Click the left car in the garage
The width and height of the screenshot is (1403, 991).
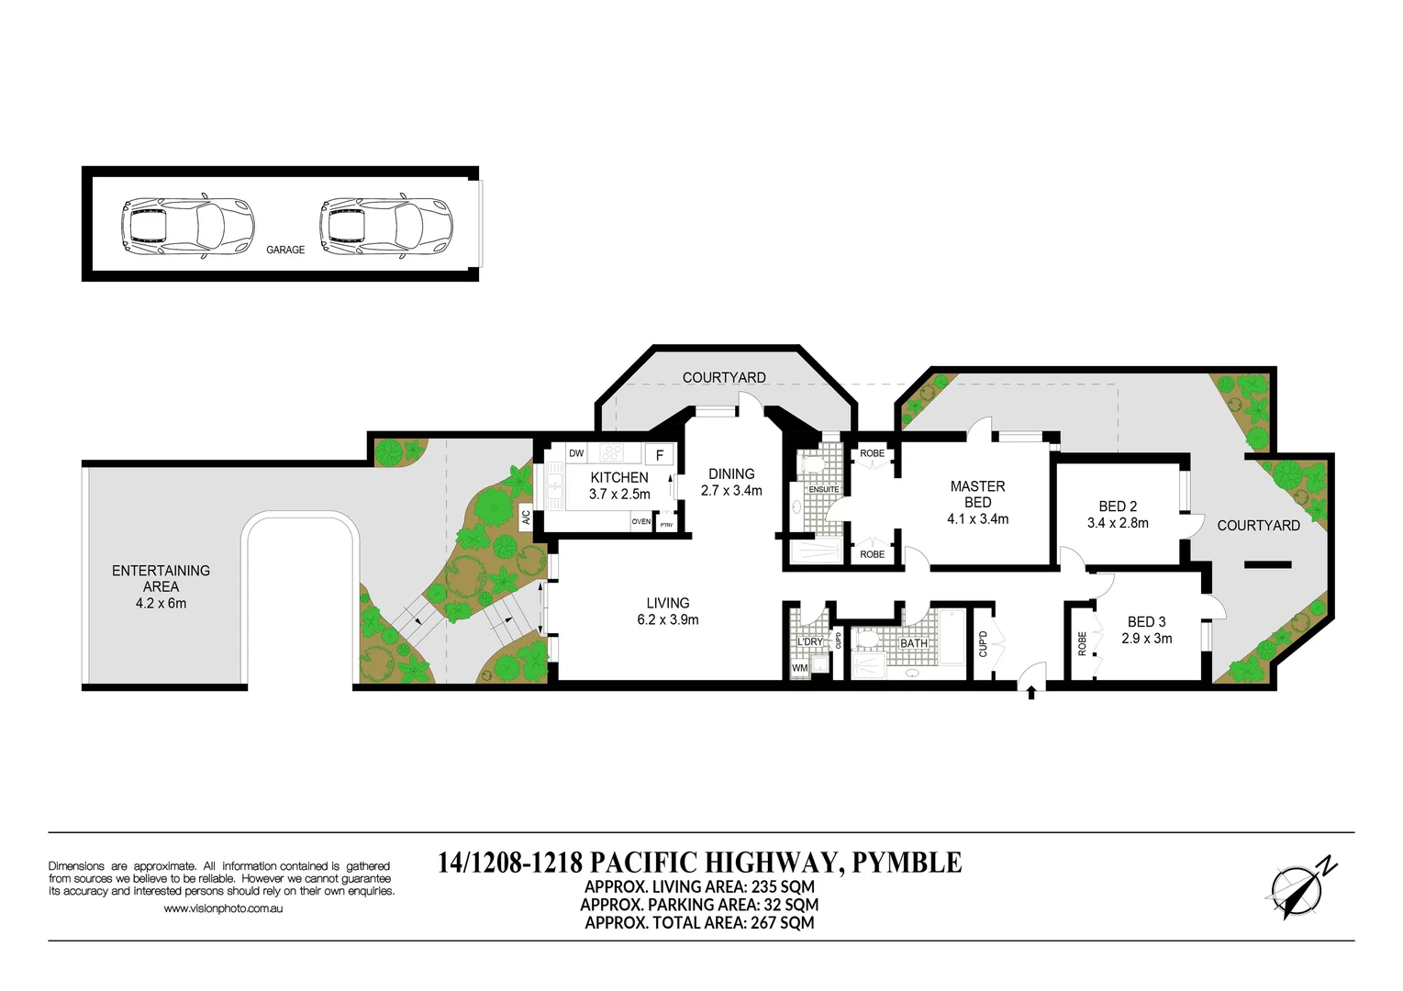tap(186, 225)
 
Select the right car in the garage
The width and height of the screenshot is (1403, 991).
tap(385, 225)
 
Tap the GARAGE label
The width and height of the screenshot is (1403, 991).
tap(285, 250)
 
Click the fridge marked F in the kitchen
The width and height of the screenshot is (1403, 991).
tap(659, 455)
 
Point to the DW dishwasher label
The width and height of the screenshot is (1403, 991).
tap(576, 453)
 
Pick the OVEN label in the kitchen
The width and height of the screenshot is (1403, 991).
tap(640, 522)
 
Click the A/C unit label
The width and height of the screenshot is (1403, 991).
tap(527, 518)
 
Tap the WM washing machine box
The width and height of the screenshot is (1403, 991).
tap(800, 668)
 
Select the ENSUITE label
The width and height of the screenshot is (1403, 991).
tap(824, 490)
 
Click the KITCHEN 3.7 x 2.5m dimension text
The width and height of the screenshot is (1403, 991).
tap(619, 495)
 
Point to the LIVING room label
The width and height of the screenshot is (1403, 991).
tap(667, 603)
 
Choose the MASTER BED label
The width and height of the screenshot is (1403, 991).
tap(977, 494)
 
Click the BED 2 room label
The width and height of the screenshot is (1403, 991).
tap(1118, 507)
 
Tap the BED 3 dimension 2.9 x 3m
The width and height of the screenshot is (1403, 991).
tap(1146, 639)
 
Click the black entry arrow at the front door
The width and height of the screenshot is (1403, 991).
tap(1031, 691)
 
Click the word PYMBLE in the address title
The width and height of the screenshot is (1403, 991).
tap(907, 863)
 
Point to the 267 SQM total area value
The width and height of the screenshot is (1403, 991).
tap(783, 923)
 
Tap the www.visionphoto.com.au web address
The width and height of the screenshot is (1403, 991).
tap(223, 908)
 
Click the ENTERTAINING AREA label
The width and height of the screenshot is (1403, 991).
tap(161, 578)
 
